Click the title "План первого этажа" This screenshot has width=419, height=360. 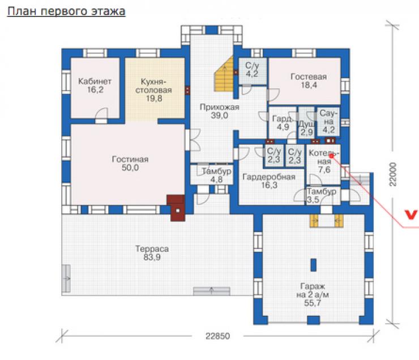click(66, 12)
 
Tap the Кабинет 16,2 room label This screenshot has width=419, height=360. click(95, 85)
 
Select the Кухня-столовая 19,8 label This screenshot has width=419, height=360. click(153, 90)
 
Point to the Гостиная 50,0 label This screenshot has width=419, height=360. click(130, 164)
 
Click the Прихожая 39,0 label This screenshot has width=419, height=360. click(219, 112)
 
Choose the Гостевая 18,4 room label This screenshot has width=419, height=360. click(309, 81)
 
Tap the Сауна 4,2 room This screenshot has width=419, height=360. click(328, 122)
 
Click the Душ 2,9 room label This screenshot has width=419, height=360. click(306, 128)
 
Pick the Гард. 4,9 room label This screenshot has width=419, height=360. click(282, 123)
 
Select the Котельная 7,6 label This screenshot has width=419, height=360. click(324, 161)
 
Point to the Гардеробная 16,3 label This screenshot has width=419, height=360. click(269, 181)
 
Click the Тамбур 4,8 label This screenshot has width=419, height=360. click(216, 175)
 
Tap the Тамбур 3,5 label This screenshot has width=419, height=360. click(321, 196)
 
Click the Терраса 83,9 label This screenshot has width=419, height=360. click(152, 253)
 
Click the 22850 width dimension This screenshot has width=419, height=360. click(217, 336)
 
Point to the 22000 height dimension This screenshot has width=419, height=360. click(393, 174)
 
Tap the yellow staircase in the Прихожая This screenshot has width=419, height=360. click(224, 75)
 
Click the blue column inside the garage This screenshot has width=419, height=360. click(313, 265)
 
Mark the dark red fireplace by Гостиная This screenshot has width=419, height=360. click(177, 208)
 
